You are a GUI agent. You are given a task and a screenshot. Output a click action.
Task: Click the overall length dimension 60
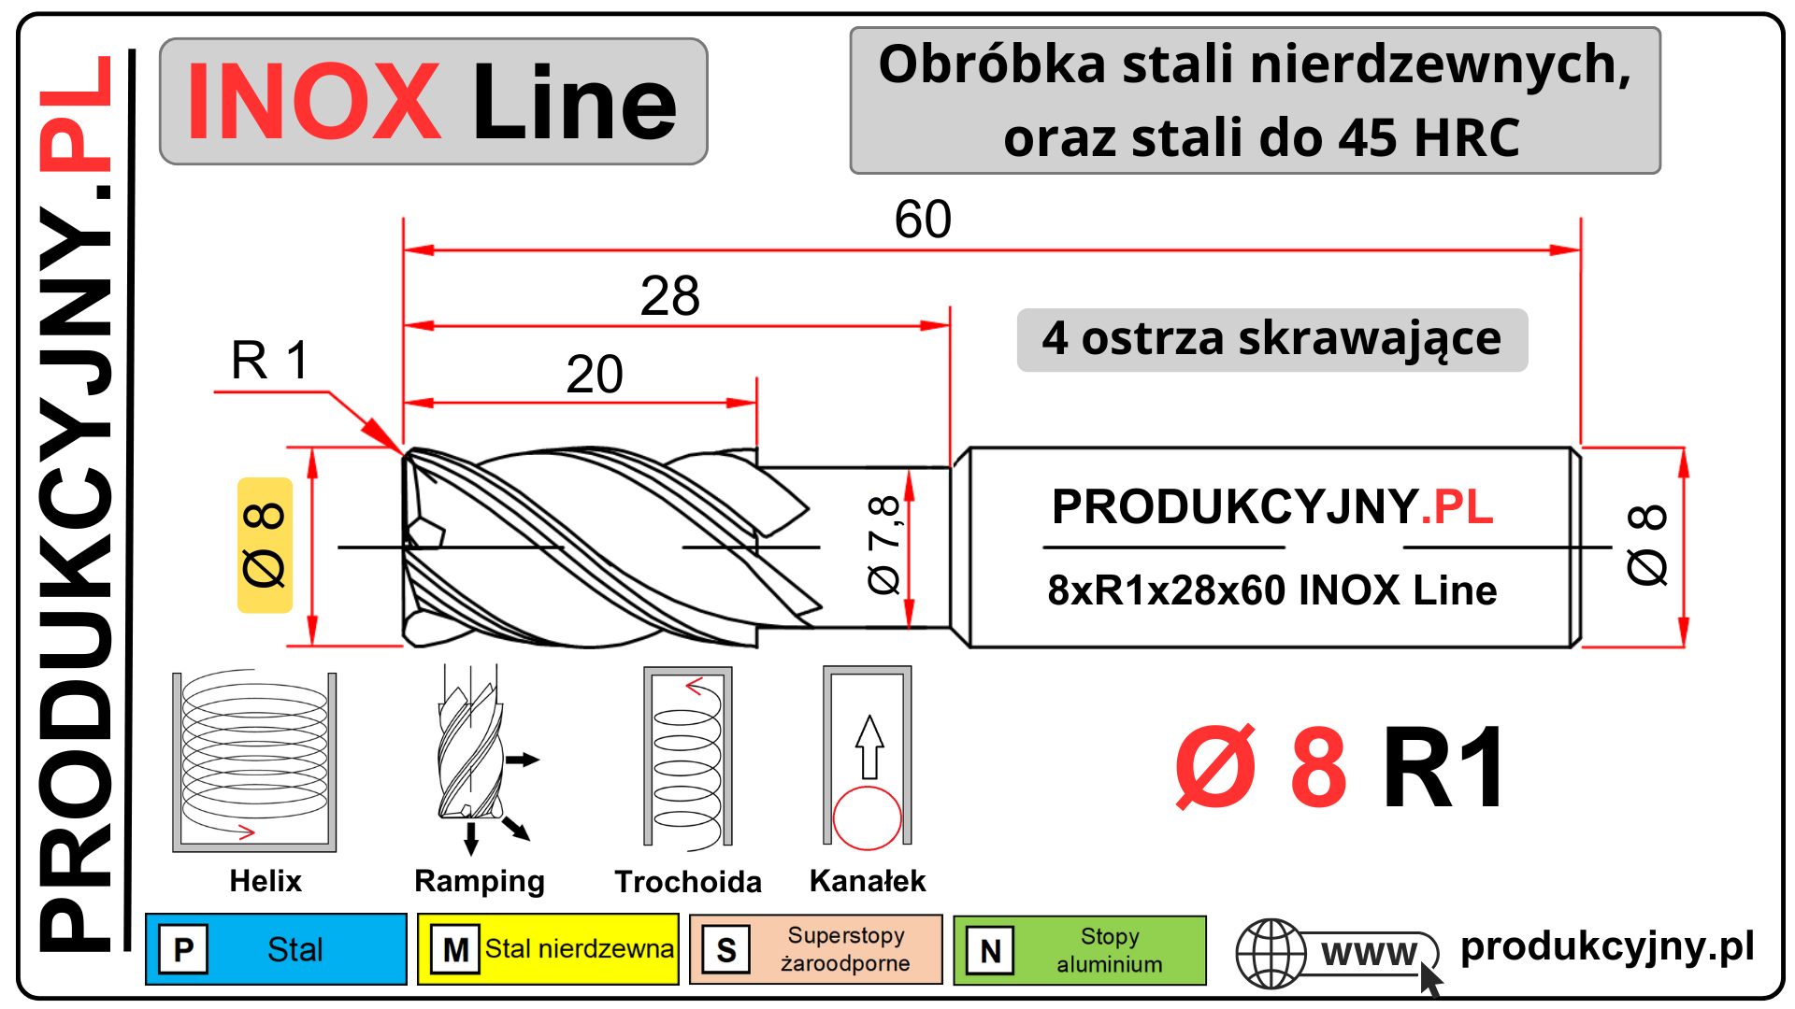coord(923,220)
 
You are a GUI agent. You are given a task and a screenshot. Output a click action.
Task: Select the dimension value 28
coord(669,296)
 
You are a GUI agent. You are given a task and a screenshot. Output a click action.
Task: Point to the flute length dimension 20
coord(595,375)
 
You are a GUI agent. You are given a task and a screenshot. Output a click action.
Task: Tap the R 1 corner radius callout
coord(270,361)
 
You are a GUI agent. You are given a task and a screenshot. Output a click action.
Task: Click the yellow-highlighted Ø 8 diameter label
coord(265,546)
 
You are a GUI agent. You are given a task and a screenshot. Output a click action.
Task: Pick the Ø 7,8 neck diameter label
coord(883,546)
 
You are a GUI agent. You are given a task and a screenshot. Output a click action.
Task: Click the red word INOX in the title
coord(313,102)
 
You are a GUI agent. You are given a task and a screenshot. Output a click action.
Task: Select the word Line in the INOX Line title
coord(574,102)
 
